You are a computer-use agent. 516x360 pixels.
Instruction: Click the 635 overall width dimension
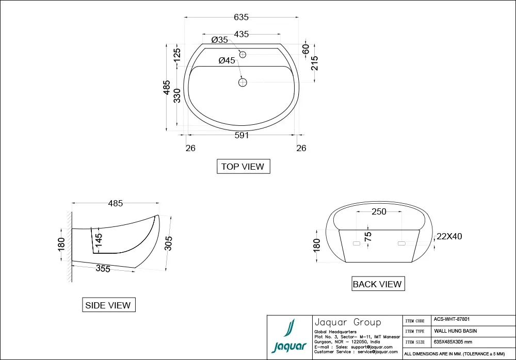(241, 17)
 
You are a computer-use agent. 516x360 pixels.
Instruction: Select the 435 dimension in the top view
(241, 35)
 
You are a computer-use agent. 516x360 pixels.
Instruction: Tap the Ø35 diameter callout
(220, 40)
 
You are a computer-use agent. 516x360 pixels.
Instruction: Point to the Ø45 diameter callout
(227, 60)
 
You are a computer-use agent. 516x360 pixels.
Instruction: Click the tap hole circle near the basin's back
(243, 54)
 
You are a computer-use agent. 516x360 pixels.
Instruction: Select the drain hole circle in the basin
(243, 81)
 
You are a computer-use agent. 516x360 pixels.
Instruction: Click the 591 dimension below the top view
(241, 136)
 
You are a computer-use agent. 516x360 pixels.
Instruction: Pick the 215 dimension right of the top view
(315, 63)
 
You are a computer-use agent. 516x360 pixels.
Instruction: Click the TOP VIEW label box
(243, 167)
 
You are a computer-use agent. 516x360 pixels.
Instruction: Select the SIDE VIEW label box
(108, 305)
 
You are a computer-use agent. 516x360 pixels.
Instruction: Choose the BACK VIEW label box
(377, 284)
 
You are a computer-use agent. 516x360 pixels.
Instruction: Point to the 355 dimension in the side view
(103, 268)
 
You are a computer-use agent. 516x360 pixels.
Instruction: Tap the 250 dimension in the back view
(379, 212)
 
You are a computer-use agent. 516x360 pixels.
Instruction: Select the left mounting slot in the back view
(356, 242)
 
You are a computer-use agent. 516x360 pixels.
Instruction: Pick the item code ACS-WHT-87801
(451, 320)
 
